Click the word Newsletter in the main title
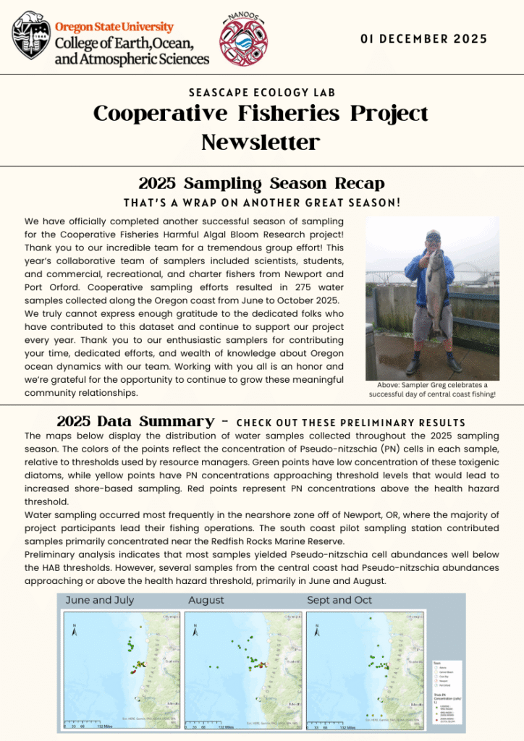[x=261, y=142]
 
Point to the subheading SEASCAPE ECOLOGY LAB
[x=261, y=93]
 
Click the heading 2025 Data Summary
[x=135, y=421]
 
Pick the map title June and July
[x=100, y=600]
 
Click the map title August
[x=206, y=600]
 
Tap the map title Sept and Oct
[x=339, y=600]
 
